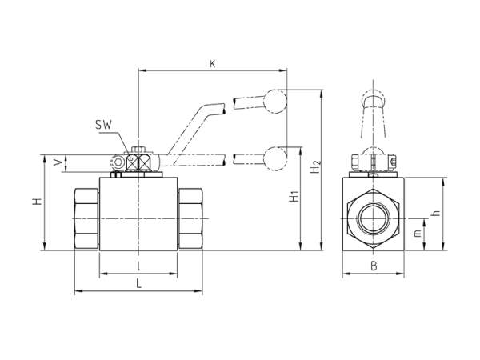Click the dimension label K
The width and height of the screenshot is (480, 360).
[213, 64]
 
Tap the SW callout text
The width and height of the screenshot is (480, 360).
[103, 125]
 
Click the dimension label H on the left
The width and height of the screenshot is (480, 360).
[37, 202]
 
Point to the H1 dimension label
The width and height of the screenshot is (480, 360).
[294, 196]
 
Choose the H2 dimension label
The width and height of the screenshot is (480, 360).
[315, 167]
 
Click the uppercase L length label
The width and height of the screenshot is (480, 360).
[138, 285]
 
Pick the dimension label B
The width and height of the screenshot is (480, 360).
[374, 266]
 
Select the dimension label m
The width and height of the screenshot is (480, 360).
[418, 234]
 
